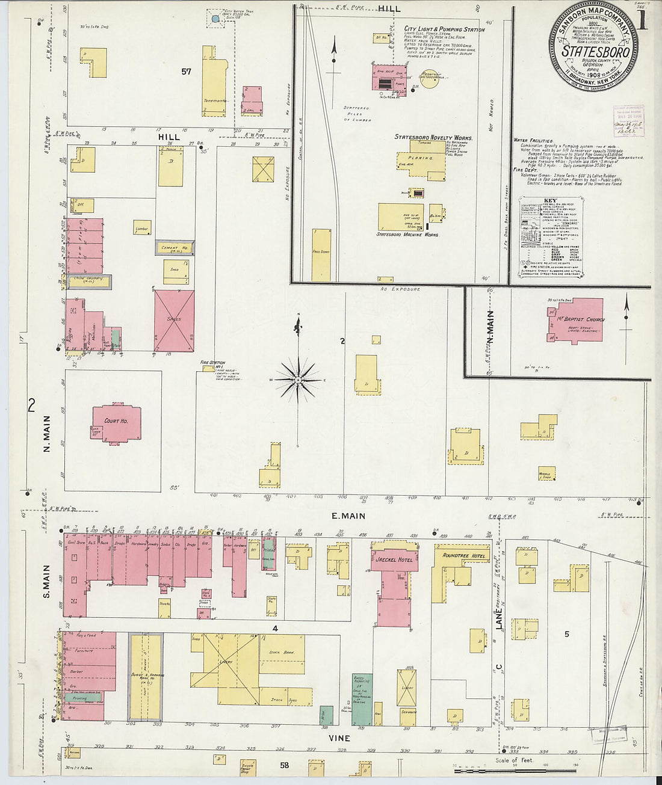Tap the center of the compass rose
[x=298, y=380]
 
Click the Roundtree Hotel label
[x=463, y=556]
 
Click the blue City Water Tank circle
[x=215, y=19]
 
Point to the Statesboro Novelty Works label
[x=433, y=137]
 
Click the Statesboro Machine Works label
[x=407, y=235]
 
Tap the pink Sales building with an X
[x=175, y=321]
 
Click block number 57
[x=186, y=72]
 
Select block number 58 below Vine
[x=284, y=766]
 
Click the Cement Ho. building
[x=175, y=248]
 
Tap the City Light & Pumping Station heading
[x=444, y=29]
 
